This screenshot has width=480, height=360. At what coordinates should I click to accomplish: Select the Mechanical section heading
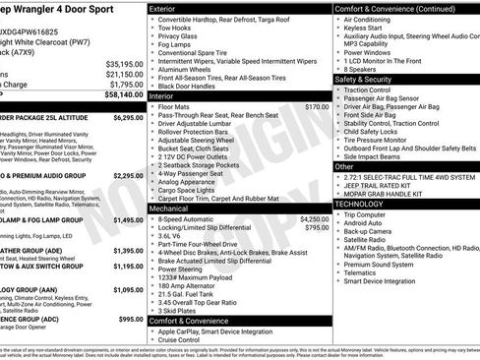point(168,209)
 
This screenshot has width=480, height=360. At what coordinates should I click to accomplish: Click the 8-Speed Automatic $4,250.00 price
point(314,218)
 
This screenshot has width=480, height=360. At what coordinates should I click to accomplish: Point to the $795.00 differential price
point(317,228)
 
